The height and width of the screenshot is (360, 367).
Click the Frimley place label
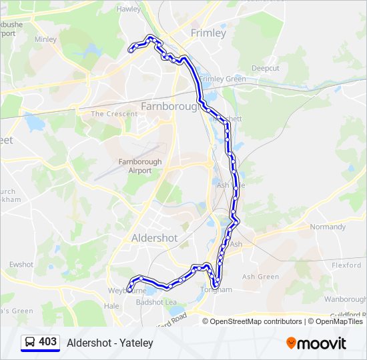point(208,33)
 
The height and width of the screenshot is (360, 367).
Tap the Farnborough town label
point(169,106)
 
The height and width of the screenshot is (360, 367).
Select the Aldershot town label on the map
point(155,238)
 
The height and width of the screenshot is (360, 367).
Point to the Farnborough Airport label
point(140,166)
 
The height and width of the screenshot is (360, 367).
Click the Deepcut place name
point(266,69)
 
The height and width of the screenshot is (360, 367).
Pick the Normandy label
point(328,227)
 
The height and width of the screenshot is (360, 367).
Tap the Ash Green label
point(260,277)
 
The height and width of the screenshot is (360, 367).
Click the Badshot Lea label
point(156,302)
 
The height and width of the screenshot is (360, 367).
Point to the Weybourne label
point(127,291)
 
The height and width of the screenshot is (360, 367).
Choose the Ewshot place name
point(21,265)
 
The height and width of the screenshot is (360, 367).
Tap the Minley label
point(45,39)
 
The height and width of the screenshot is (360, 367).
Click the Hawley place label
point(129,9)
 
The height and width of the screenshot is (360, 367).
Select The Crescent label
point(114,114)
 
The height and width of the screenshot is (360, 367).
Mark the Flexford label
point(346,265)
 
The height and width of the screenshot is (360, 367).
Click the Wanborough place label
point(345,299)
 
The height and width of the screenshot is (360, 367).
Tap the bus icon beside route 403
point(29,343)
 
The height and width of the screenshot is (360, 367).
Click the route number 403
point(48,342)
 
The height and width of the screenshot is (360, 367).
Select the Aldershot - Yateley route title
point(110,343)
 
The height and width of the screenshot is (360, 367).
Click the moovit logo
point(316,343)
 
